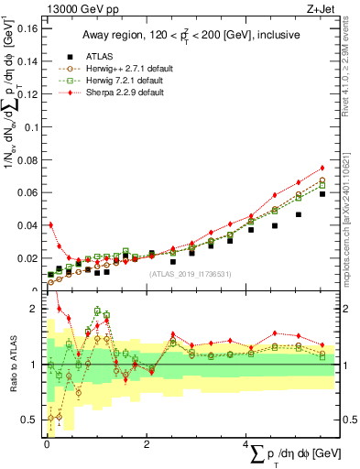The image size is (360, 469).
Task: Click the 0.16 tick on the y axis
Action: [x=26, y=28]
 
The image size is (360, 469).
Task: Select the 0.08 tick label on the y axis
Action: [x=26, y=159]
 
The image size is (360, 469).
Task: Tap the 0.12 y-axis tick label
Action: [x=26, y=94]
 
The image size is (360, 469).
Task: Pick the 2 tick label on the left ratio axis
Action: [x=33, y=309]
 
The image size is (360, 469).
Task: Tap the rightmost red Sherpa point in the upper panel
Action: [x=322, y=168]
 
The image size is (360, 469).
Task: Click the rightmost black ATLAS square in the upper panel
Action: [x=322, y=194]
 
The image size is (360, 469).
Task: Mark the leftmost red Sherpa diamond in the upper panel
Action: [x=50, y=224]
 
